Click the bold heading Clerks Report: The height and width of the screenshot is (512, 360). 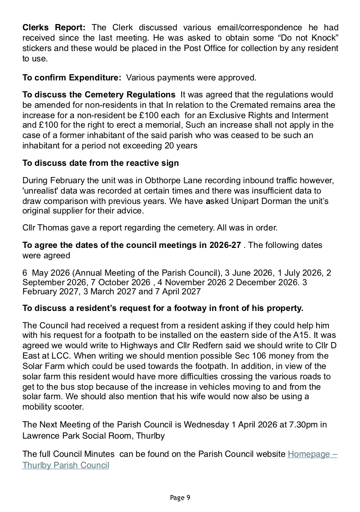(x=54, y=28)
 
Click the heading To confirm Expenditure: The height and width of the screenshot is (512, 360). (x=72, y=78)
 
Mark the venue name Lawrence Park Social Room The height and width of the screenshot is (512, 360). (x=78, y=436)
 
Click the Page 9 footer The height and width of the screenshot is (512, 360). (x=180, y=497)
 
